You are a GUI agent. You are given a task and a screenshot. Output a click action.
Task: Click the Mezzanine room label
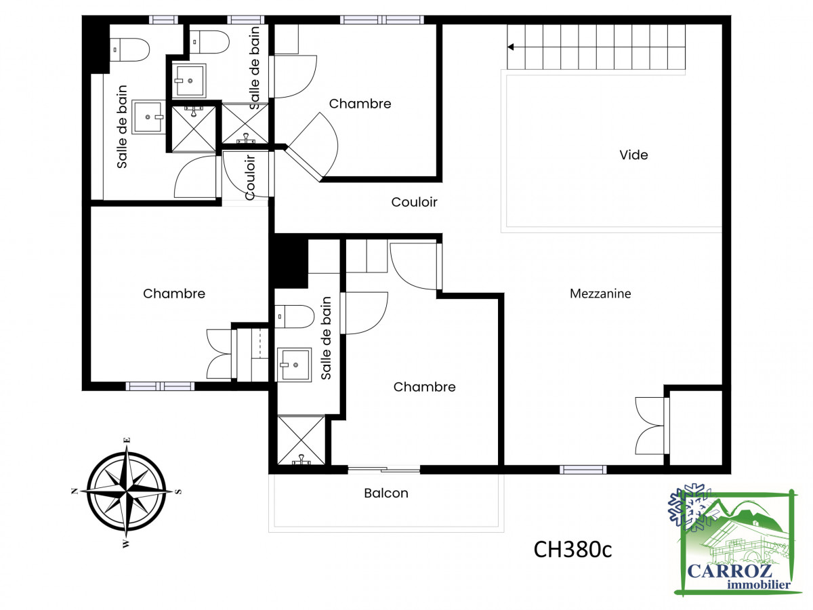pyautogui.click(x=600, y=293)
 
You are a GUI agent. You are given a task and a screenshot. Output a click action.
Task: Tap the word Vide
pyautogui.click(x=633, y=155)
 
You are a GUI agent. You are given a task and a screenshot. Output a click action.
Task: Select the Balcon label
pyautogui.click(x=386, y=493)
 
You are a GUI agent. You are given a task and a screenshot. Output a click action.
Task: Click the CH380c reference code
pyautogui.click(x=572, y=550)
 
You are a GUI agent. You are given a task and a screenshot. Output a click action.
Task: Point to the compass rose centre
pyautogui.click(x=127, y=491)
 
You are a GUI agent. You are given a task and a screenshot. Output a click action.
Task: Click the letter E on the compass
pyautogui.click(x=127, y=440)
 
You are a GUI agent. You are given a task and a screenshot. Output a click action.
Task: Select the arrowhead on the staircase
pyautogui.click(x=511, y=47)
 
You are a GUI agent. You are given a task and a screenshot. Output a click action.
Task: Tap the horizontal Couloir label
pyautogui.click(x=414, y=202)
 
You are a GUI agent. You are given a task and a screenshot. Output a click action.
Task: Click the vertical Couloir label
pyautogui.click(x=251, y=178)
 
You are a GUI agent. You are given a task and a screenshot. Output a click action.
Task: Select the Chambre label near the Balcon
pyautogui.click(x=424, y=387)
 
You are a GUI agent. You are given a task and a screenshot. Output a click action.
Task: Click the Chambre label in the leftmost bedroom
pyautogui.click(x=174, y=293)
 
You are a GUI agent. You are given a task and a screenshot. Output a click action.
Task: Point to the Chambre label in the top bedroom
pyautogui.click(x=360, y=104)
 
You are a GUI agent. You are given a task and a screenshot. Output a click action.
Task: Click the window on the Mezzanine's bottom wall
pyautogui.click(x=583, y=470)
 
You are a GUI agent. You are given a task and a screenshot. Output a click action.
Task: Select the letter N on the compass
pyautogui.click(x=75, y=491)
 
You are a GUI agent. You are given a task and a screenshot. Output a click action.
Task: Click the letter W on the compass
pyautogui.click(x=126, y=544)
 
